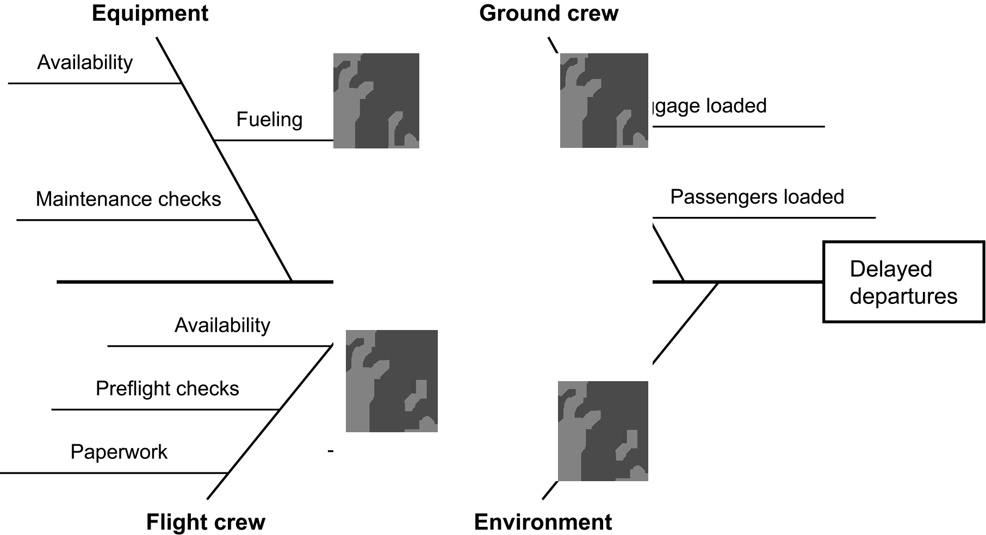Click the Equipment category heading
pos(150,14)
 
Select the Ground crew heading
pos(548,14)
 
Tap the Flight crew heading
pos(206,522)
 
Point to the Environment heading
pos(543,522)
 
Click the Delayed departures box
pos(903,282)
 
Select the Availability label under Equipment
pos(85,63)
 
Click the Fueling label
pos(269,120)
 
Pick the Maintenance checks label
pos(128,199)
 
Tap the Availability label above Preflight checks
pos(222,325)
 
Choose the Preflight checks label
pos(168,389)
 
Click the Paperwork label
pos(119,452)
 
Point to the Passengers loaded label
pos(757,197)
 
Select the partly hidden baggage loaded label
pos(708,105)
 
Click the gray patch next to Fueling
pos(376,101)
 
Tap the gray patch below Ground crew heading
pos(604,101)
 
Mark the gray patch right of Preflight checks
pos(392,381)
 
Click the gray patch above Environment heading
pos(603,431)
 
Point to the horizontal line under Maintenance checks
pos(136,220)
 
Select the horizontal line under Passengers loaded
pos(764,217)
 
